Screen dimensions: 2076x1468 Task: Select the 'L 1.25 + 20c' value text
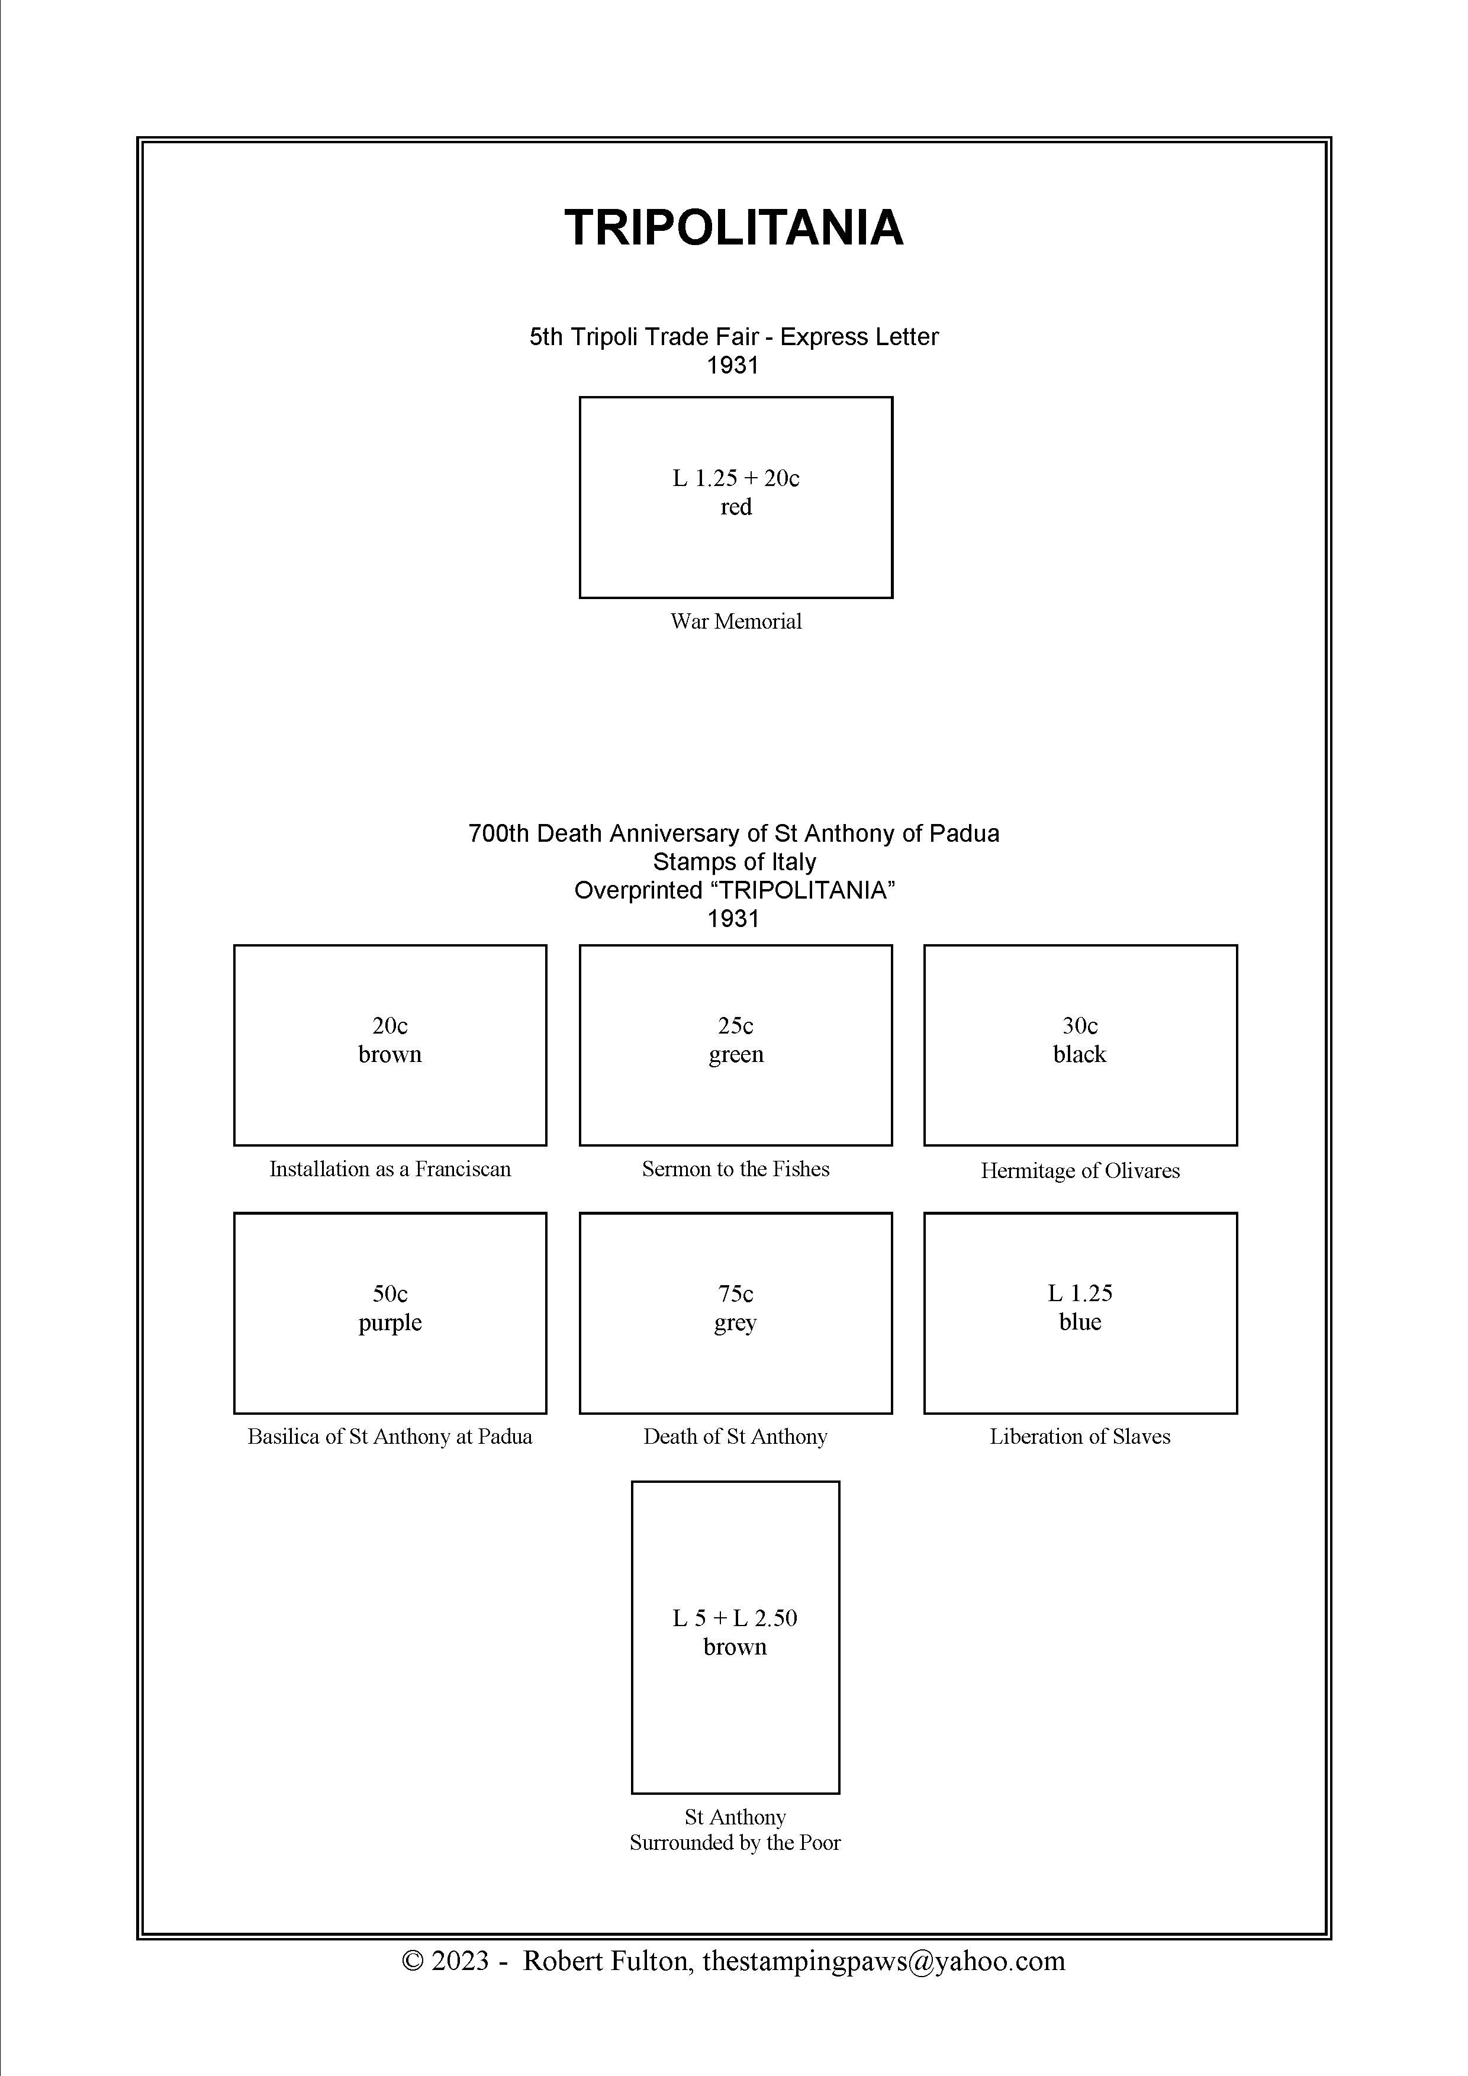pos(736,478)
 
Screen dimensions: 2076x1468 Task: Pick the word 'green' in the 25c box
pos(736,1054)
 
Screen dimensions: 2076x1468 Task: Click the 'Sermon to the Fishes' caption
pos(736,1169)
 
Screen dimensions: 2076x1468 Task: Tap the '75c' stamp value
pos(736,1294)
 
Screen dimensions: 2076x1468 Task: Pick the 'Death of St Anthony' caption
pos(736,1437)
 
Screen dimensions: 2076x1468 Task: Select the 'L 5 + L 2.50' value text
pos(735,1618)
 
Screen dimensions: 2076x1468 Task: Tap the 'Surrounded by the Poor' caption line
pos(735,1843)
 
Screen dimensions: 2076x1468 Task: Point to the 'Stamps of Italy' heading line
pos(734,862)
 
